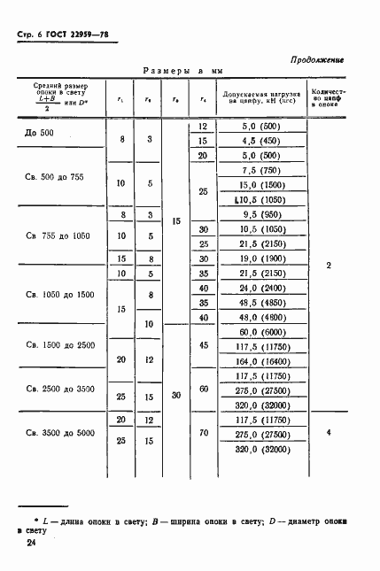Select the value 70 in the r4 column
205,434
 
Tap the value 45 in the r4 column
205,345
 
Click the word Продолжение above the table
316,59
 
